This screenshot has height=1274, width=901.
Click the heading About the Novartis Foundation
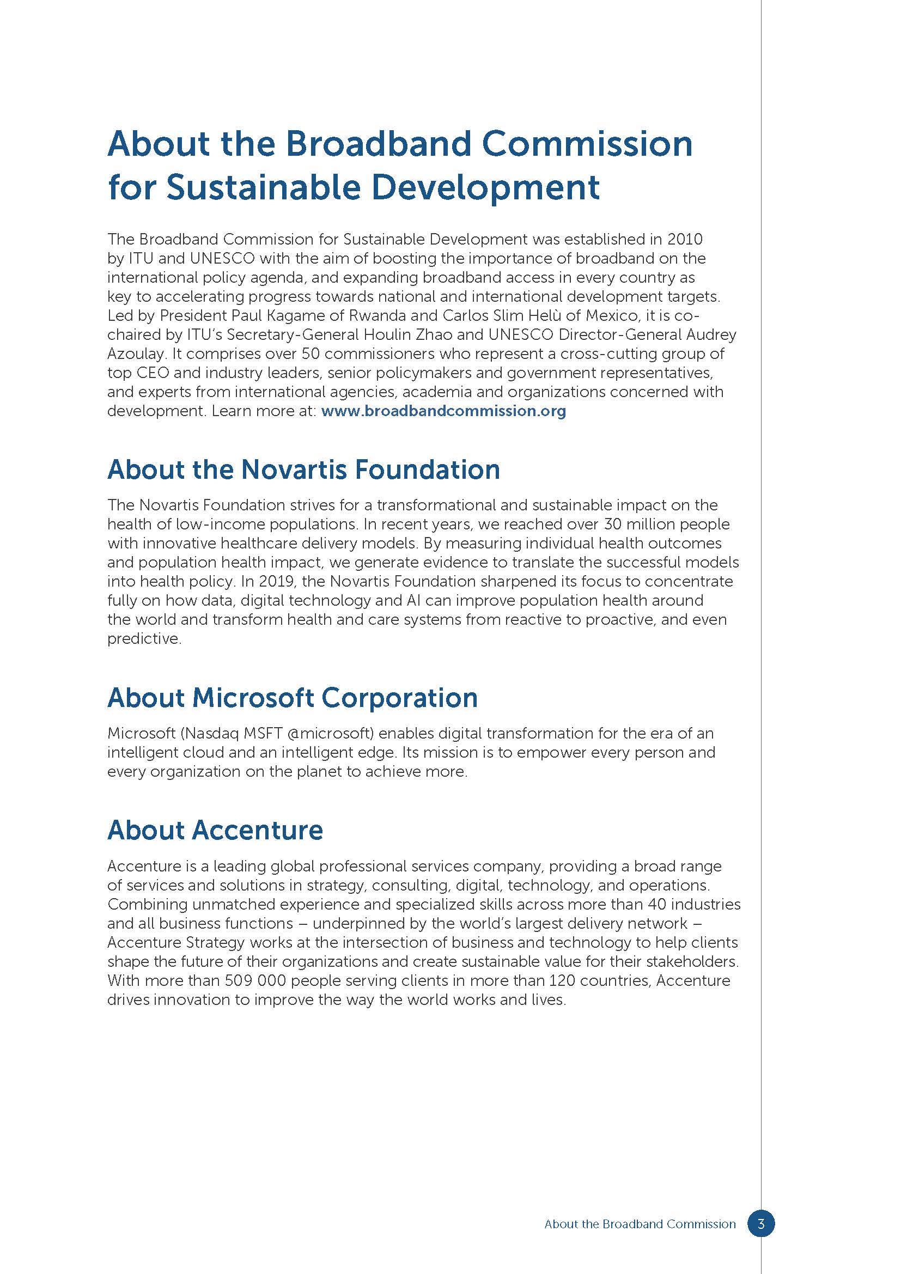tap(303, 470)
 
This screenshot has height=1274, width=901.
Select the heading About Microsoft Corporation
tap(293, 698)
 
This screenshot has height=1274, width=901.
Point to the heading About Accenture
tap(215, 830)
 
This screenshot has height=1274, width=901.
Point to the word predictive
tap(143, 639)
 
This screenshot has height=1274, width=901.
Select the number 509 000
tap(255, 980)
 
